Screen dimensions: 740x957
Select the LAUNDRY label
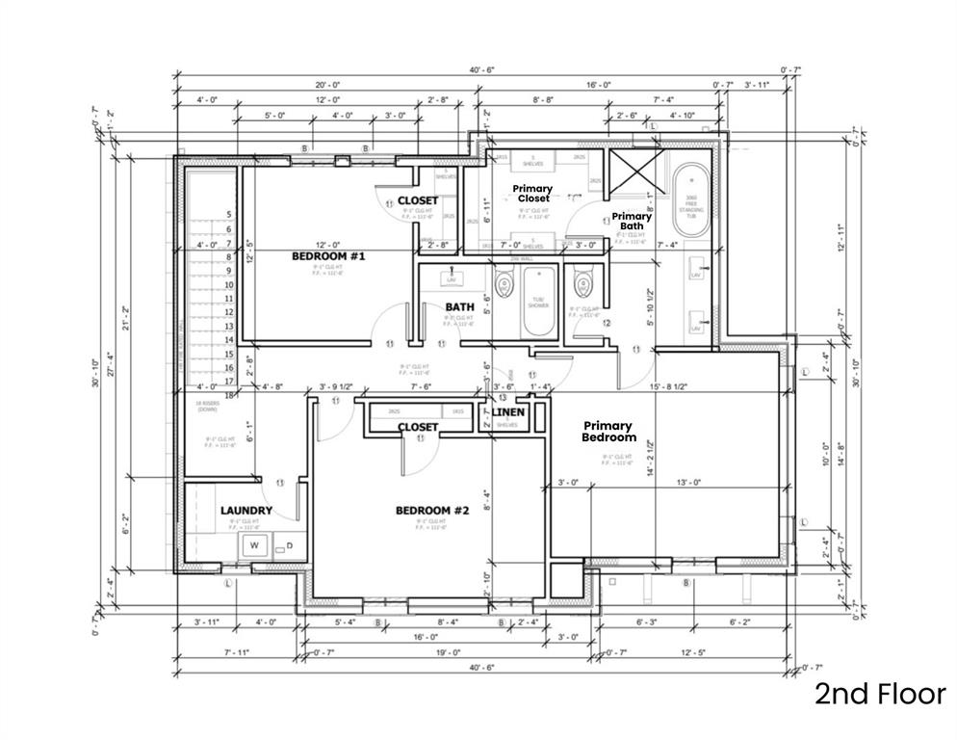pyautogui.click(x=246, y=510)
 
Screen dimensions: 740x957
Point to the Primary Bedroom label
pyautogui.click(x=608, y=431)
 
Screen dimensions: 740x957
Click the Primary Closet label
pyautogui.click(x=531, y=193)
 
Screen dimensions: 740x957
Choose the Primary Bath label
pyautogui.click(x=632, y=221)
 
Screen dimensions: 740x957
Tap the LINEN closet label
pyautogui.click(x=508, y=412)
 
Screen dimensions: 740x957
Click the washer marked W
pyautogui.click(x=254, y=545)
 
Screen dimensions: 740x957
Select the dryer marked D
pyautogui.click(x=286, y=545)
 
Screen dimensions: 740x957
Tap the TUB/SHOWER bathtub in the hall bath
pyautogui.click(x=537, y=304)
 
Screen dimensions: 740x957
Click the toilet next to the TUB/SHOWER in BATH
pyautogui.click(x=504, y=286)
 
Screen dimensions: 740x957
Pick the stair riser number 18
pyautogui.click(x=229, y=395)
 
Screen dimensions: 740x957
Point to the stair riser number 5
pyautogui.click(x=229, y=215)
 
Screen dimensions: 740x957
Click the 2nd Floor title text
pyautogui.click(x=880, y=694)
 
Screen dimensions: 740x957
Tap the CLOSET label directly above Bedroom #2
pyautogui.click(x=418, y=426)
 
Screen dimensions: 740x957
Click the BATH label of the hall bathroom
pyautogui.click(x=459, y=307)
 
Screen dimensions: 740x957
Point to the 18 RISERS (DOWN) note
pyautogui.click(x=208, y=407)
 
